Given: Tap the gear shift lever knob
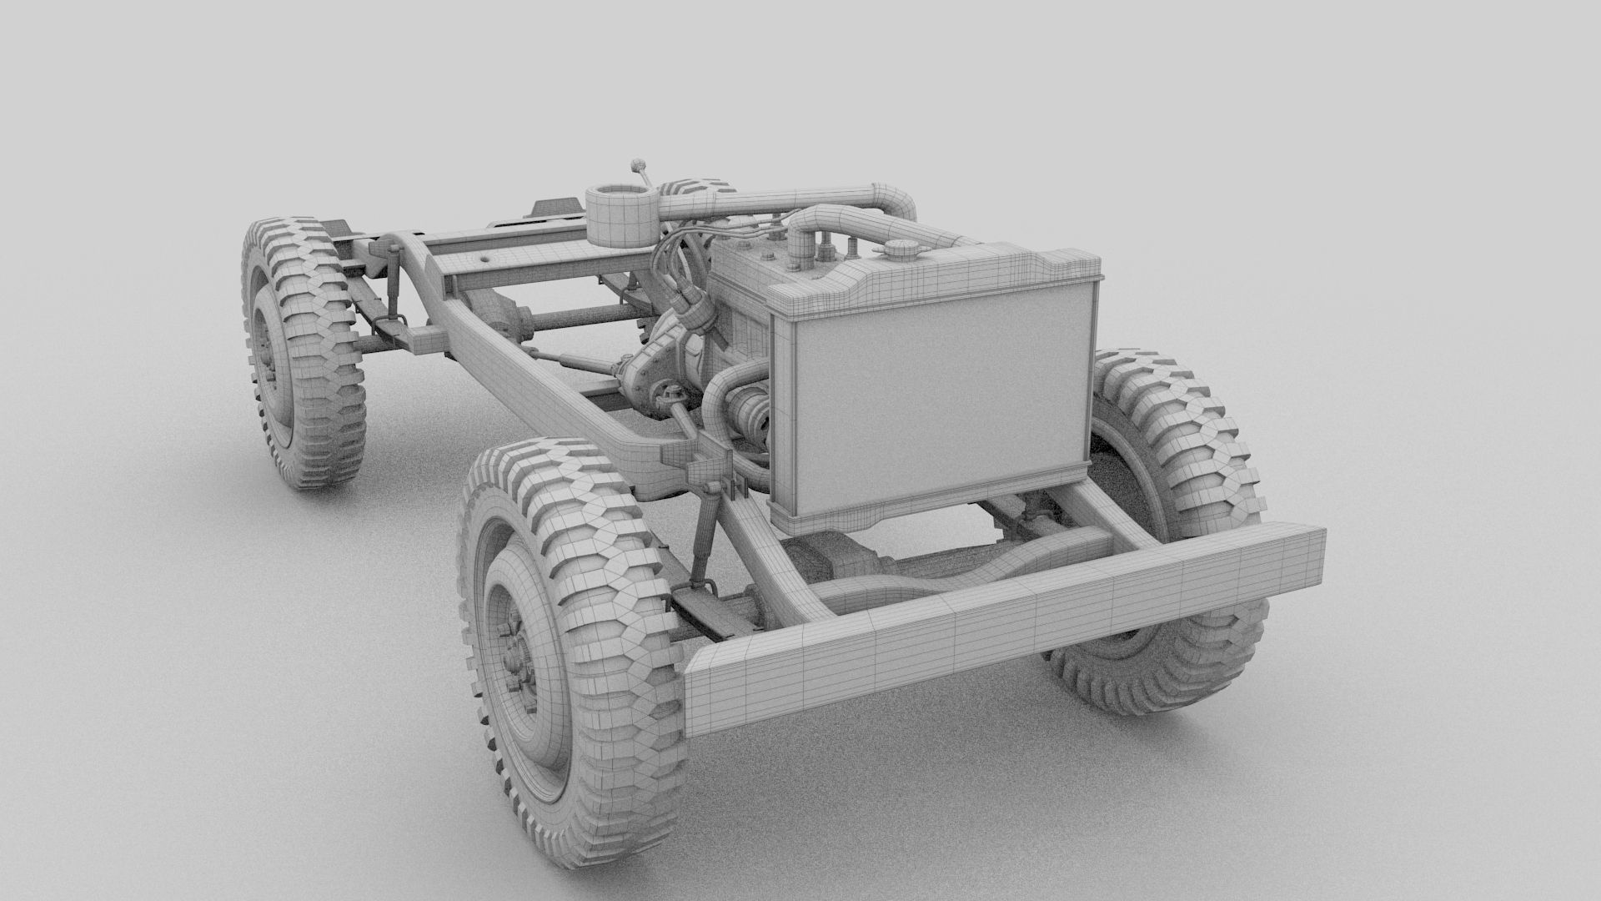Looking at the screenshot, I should click(x=638, y=162).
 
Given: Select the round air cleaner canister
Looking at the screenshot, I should click(x=620, y=215).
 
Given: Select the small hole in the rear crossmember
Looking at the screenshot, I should click(x=484, y=262).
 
